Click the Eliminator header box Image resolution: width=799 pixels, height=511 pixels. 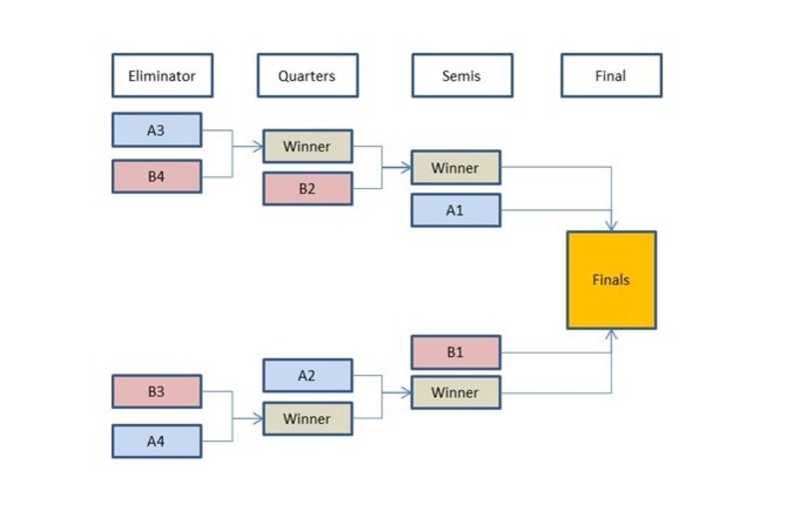(162, 75)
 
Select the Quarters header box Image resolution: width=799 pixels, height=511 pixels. (307, 75)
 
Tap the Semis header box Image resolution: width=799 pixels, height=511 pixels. (461, 75)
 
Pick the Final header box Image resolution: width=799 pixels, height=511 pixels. (610, 75)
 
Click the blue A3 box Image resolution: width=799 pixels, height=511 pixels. (157, 130)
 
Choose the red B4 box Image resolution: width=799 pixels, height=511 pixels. (157, 176)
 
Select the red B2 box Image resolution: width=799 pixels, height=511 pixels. (308, 188)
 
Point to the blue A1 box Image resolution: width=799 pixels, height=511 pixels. (455, 210)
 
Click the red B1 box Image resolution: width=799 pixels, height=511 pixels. (455, 352)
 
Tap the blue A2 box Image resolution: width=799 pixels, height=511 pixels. (308, 375)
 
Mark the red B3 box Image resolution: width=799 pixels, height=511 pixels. (157, 391)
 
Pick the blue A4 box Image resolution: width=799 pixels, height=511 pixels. (157, 440)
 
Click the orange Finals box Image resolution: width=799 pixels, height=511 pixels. (611, 280)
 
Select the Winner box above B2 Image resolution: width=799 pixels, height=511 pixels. (308, 146)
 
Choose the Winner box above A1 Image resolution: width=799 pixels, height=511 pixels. (455, 168)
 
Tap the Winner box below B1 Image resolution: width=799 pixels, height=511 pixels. (455, 392)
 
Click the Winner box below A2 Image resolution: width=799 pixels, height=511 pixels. (308, 418)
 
